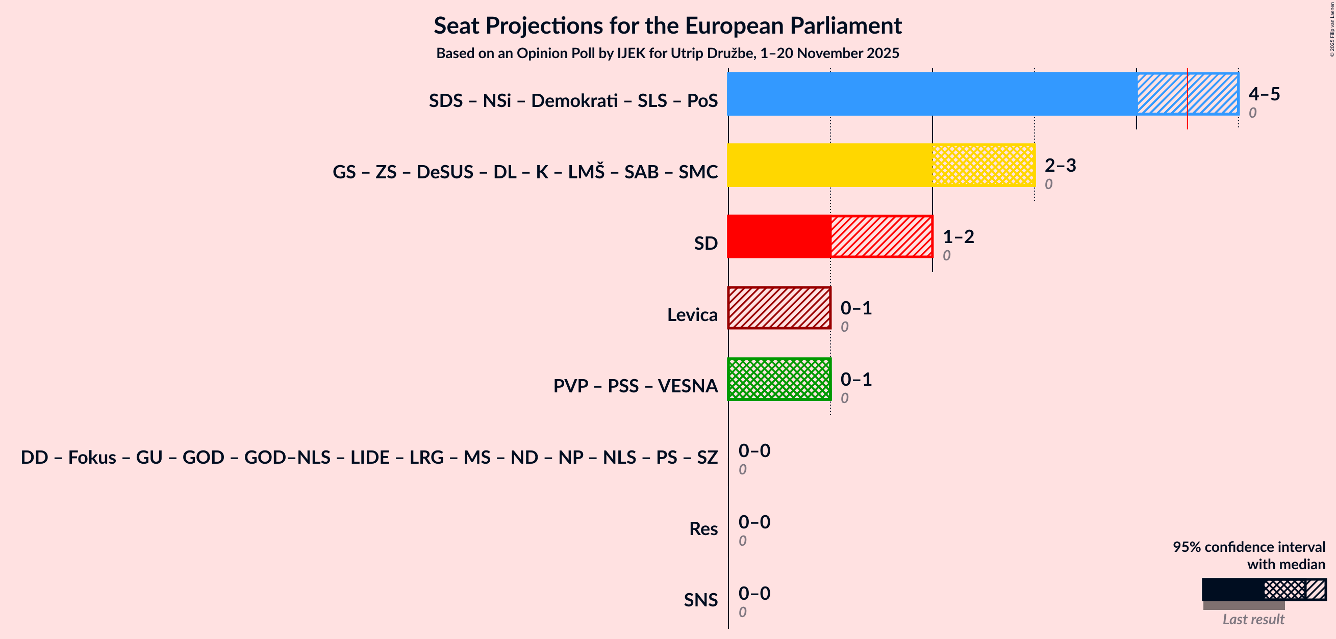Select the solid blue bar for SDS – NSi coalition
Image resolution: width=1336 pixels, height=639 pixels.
(x=931, y=94)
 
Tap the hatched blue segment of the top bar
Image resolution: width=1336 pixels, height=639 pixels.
(x=1187, y=94)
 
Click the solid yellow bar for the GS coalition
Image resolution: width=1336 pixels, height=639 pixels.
(x=829, y=165)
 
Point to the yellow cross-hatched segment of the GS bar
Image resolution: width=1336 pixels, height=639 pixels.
(x=983, y=165)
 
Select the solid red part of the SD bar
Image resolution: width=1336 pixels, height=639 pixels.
(x=778, y=236)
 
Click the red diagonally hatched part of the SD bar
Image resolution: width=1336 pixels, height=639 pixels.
(x=881, y=236)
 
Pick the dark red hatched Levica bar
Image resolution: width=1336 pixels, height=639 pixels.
(x=779, y=308)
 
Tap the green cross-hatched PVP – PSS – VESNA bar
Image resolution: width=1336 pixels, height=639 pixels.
(x=779, y=379)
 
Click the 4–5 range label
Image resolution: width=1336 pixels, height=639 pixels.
(x=1264, y=94)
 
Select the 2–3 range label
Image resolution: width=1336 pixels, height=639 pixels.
(x=1060, y=165)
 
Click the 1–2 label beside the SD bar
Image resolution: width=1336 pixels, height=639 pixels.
(x=958, y=237)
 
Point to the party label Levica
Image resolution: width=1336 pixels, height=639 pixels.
(x=692, y=314)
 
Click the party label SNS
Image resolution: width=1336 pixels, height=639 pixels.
(x=700, y=600)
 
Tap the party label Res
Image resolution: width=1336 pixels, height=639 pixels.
(x=703, y=528)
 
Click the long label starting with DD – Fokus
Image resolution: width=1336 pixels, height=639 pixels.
(x=369, y=457)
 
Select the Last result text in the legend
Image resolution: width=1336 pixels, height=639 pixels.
(x=1253, y=619)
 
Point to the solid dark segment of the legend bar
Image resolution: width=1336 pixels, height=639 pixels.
(x=1233, y=590)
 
